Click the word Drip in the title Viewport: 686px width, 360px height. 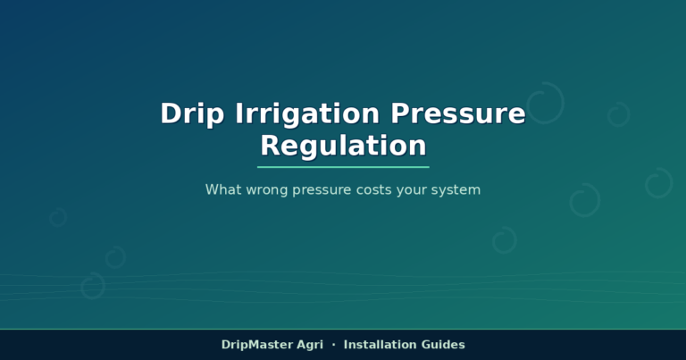pyautogui.click(x=192, y=114)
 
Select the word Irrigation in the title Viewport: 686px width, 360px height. pyautogui.click(x=307, y=114)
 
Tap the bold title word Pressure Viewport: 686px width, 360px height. pyautogui.click(x=457, y=113)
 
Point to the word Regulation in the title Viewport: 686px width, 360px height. pyautogui.click(x=343, y=146)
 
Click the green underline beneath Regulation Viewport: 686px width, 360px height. pyautogui.click(x=343, y=167)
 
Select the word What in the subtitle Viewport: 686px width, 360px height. pyautogui.click(x=223, y=189)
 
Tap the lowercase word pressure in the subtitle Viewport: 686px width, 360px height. pyautogui.click(x=322, y=190)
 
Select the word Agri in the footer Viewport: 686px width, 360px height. pyautogui.click(x=310, y=345)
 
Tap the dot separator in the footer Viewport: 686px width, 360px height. pyautogui.click(x=334, y=345)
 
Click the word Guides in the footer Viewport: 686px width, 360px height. pyautogui.click(x=443, y=345)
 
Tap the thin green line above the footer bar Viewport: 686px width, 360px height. pyautogui.click(x=343, y=329)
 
